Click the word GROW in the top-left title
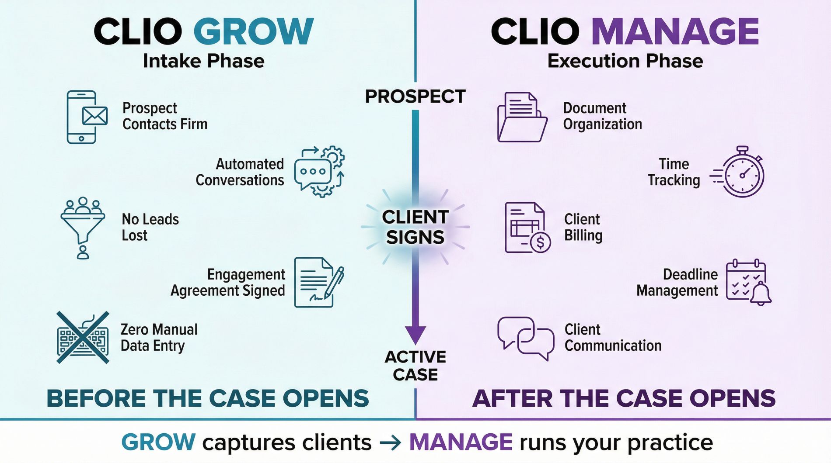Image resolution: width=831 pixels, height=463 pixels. click(x=253, y=31)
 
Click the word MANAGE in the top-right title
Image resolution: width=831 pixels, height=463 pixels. click(x=675, y=31)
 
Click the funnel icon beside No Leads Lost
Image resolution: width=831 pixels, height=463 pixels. click(x=83, y=227)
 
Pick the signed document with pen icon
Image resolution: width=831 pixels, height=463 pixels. click(x=318, y=282)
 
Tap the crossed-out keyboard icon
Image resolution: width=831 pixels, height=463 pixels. click(x=83, y=338)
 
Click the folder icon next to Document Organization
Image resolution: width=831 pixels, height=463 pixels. click(x=522, y=117)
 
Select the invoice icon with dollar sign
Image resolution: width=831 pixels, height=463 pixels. click(x=527, y=228)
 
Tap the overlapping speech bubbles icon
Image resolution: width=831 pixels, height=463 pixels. click(x=525, y=338)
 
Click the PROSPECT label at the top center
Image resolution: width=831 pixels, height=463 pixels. click(x=415, y=97)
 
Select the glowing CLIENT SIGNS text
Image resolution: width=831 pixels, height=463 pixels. click(x=415, y=227)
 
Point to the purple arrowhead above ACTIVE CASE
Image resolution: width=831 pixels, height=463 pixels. click(x=415, y=335)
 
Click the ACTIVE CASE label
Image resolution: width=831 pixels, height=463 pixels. click(x=415, y=366)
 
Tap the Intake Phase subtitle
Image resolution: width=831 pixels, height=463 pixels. click(x=203, y=61)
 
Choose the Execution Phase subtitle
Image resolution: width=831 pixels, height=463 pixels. click(x=625, y=61)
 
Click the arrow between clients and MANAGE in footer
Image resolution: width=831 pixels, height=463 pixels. click(x=390, y=443)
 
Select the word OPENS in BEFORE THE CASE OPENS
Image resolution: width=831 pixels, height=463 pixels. click(x=325, y=398)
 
